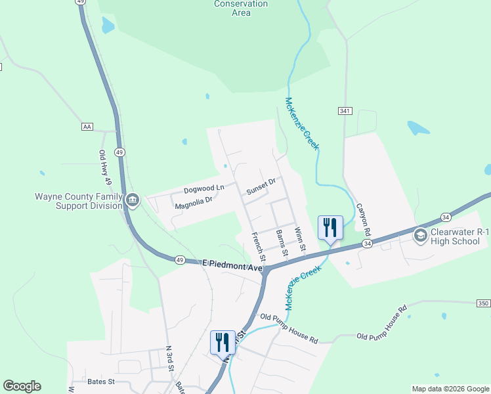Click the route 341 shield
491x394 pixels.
point(344,111)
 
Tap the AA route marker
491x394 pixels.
point(87,126)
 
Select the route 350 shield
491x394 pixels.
point(483,303)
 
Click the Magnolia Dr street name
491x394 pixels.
point(194,204)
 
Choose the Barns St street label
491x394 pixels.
point(282,243)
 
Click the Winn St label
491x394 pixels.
point(300,240)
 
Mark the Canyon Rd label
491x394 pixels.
point(364,219)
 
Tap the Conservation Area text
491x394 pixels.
point(241,8)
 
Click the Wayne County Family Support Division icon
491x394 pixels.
point(133,200)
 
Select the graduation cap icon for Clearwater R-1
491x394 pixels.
point(420,234)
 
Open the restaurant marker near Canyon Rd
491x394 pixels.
point(330,228)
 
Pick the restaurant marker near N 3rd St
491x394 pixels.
point(222,342)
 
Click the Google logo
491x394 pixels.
point(22,386)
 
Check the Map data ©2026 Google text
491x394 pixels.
point(450,389)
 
